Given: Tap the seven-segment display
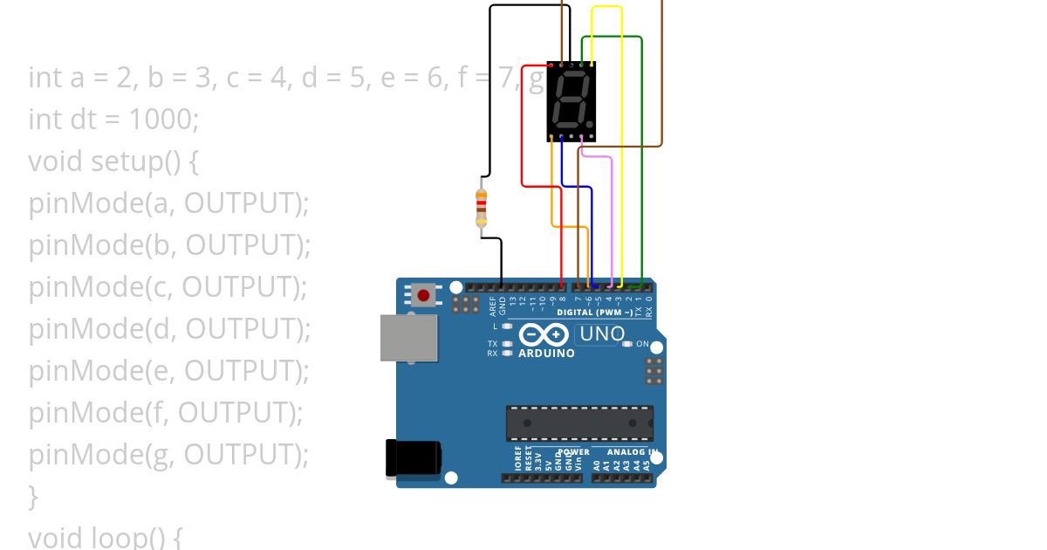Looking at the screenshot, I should (571, 100).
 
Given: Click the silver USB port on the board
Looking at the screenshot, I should (408, 337).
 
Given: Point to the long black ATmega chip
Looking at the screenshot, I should (579, 423).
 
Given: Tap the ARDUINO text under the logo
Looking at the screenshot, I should (546, 354).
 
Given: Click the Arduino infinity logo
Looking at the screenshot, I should (544, 334).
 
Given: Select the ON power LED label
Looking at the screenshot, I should (642, 344).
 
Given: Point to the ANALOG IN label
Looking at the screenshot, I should (626, 452).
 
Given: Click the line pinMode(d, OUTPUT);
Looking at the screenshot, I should (169, 329).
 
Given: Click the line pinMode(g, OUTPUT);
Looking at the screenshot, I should (169, 455).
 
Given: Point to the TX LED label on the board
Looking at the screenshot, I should (493, 343).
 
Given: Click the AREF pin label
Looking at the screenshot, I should (492, 305).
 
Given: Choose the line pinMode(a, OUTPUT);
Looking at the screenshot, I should (169, 203).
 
